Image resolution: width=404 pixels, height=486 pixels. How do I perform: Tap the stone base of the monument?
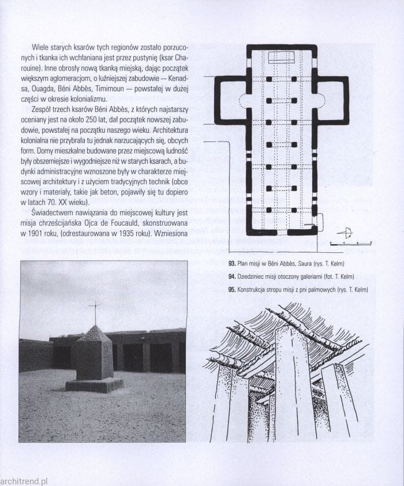[x=94, y=384]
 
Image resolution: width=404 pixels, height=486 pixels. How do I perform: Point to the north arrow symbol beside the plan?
[x=345, y=234]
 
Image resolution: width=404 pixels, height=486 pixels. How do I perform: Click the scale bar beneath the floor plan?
[x=350, y=244]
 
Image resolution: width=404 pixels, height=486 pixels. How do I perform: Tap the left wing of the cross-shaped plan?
[x=230, y=99]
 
